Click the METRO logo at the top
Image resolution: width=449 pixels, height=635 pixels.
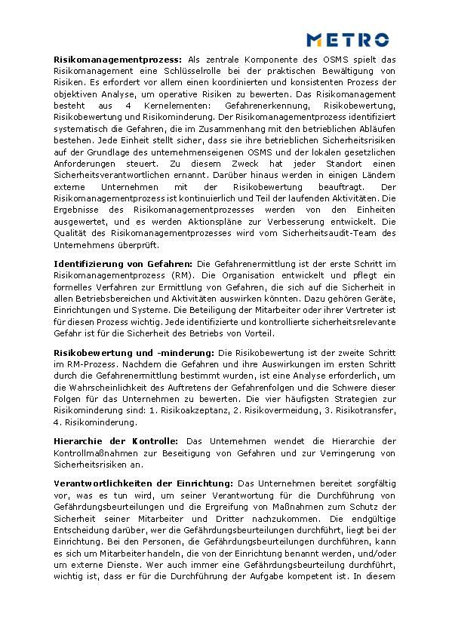click(348, 39)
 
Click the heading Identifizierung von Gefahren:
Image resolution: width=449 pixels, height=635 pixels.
click(123, 264)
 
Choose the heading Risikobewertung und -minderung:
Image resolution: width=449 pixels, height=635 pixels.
click(134, 353)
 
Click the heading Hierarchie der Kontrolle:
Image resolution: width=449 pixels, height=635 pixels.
click(115, 441)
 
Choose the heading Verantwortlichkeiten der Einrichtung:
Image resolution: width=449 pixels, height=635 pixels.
click(143, 483)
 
